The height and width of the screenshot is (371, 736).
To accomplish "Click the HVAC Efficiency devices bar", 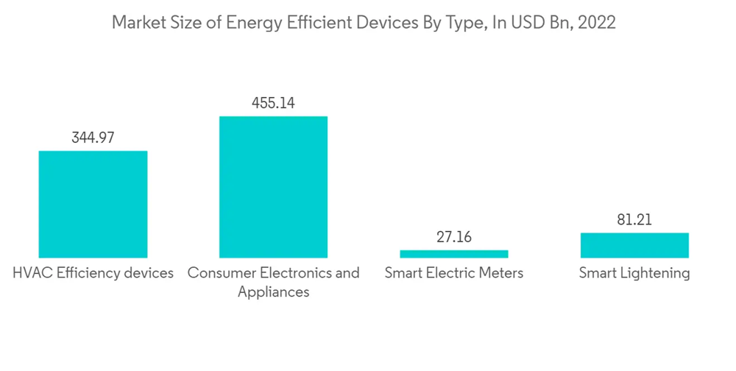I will click(93, 204).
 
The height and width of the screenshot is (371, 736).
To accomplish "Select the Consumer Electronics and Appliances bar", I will click(273, 187).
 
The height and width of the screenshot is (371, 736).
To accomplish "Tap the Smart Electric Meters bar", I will click(453, 254).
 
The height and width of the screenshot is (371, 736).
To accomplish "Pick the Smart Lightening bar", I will click(634, 245).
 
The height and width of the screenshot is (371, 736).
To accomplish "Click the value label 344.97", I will click(93, 137).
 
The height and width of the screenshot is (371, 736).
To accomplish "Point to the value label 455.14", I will click(273, 103).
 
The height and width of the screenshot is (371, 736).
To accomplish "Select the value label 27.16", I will click(453, 237).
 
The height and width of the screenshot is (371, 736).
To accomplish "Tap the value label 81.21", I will click(634, 219).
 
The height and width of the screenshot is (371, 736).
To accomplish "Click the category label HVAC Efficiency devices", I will click(93, 273).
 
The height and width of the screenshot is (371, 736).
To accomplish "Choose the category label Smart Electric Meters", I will click(453, 273).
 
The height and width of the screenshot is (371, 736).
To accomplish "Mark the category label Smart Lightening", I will click(634, 273).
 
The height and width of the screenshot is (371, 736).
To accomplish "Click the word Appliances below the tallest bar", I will click(273, 292).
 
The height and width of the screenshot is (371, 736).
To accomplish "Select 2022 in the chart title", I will click(598, 23).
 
